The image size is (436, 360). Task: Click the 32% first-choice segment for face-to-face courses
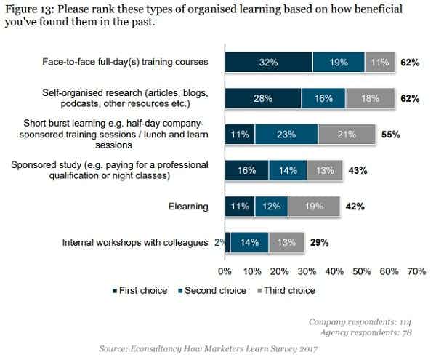[268, 63]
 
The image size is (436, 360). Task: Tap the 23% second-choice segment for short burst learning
[286, 135]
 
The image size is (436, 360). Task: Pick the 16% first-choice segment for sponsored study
[246, 170]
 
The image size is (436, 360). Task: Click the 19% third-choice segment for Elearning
[314, 207]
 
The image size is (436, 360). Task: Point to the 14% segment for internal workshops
[249, 242]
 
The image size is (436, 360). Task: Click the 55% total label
[391, 135]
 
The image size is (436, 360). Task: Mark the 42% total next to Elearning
[354, 207]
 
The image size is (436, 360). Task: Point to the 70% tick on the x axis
[416, 271]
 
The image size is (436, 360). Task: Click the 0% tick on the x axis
[225, 271]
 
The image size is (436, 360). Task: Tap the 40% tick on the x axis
[334, 271]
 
